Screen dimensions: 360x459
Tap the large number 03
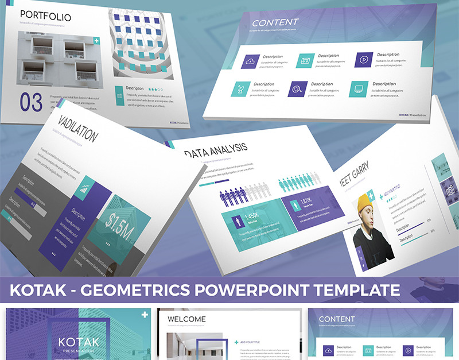[x=31, y=102]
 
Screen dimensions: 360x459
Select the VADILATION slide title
[x=77, y=129]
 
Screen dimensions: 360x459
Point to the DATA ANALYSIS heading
[x=216, y=150]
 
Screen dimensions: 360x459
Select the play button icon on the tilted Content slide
[x=364, y=59]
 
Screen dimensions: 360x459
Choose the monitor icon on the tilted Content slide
[x=359, y=88]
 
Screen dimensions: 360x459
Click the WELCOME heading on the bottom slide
[x=186, y=319]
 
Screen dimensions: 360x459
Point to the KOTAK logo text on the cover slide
[x=79, y=343]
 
